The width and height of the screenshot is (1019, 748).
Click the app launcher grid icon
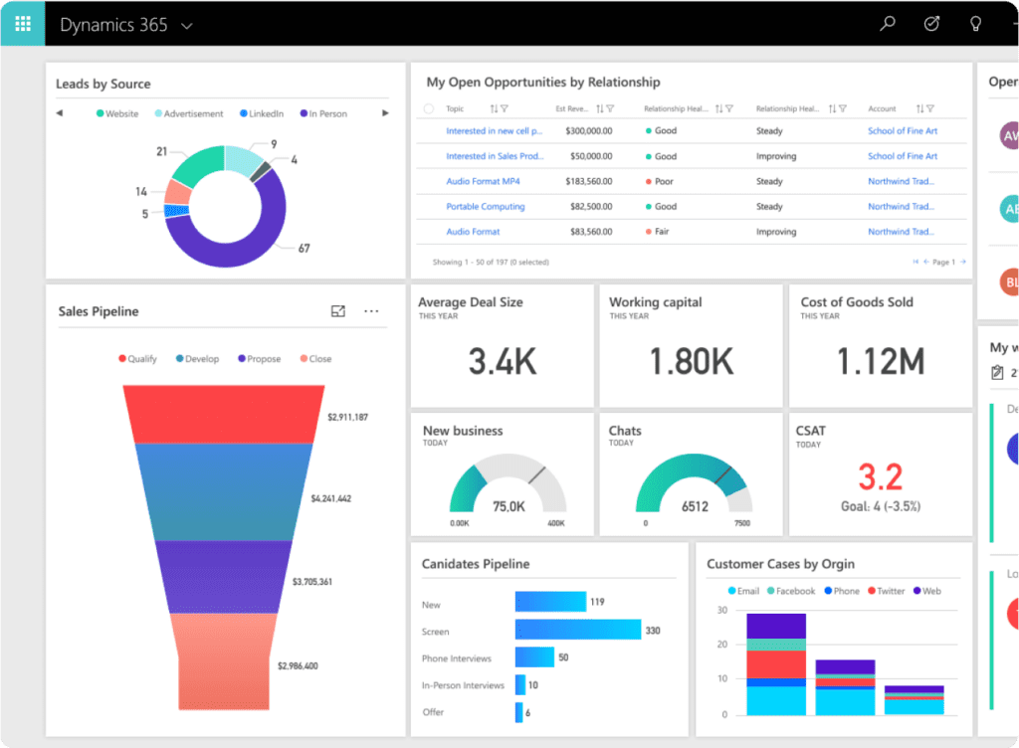coord(22,24)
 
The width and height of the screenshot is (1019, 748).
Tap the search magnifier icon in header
coord(888,24)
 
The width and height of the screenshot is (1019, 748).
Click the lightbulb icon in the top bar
coord(976,24)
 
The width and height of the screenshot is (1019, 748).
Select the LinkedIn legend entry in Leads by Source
coord(262,113)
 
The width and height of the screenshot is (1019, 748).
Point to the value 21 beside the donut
coord(161,151)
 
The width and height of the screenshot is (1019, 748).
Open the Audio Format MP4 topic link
coord(483,181)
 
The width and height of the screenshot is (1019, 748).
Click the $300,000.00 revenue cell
coord(588,130)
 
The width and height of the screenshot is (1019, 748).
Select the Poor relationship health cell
coord(664,181)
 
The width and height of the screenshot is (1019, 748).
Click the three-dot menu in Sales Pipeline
coord(371,311)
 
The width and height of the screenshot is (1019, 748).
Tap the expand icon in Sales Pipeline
coord(338,311)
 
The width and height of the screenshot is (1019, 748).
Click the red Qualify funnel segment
coord(226,414)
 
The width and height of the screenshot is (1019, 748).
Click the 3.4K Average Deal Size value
coord(503,362)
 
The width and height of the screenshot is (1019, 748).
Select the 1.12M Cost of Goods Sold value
coord(880,362)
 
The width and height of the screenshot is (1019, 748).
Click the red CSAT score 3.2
coord(880,477)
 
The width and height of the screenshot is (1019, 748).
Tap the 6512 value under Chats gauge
coord(695,506)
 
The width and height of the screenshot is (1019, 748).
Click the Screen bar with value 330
coord(577,630)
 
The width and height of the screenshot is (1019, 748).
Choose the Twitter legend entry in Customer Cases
coord(885,591)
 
